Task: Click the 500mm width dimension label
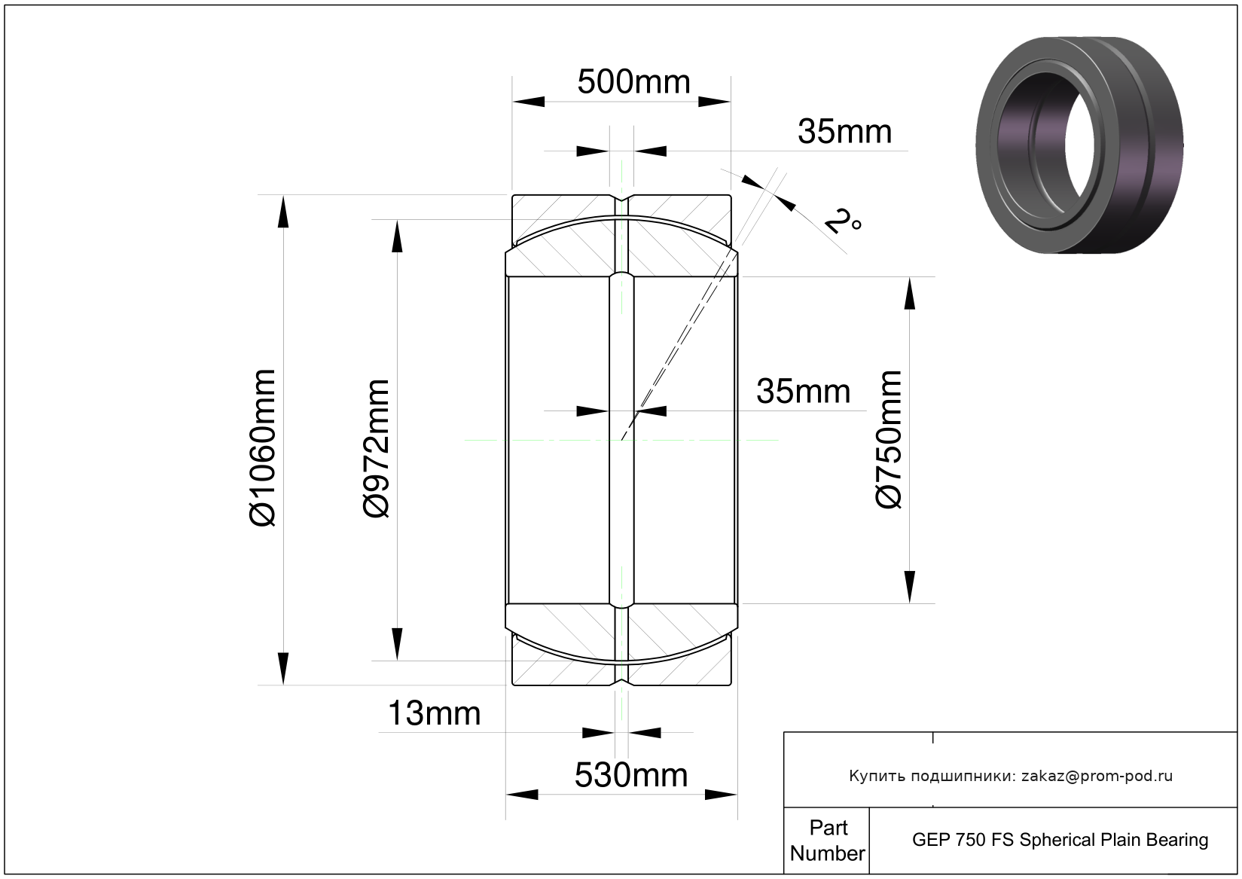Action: pos(633,82)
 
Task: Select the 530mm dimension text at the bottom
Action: pos(631,775)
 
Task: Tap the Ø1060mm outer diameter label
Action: pos(261,447)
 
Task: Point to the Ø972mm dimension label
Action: pos(376,448)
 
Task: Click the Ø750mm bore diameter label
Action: pos(888,439)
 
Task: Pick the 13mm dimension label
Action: pos(434,713)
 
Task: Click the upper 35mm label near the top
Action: pos(844,132)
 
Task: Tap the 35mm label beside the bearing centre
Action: pos(804,392)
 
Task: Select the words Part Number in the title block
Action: pos(828,841)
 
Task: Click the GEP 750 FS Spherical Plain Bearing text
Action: pos(1060,840)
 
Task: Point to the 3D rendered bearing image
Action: pos(1079,145)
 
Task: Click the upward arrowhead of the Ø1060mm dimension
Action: pos(283,212)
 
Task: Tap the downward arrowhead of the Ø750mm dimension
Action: pos(909,587)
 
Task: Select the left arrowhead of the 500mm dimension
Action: pos(529,102)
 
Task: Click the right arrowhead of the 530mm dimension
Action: pos(721,795)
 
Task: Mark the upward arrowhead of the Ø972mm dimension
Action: pos(397,237)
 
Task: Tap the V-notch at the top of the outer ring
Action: pos(621,198)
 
